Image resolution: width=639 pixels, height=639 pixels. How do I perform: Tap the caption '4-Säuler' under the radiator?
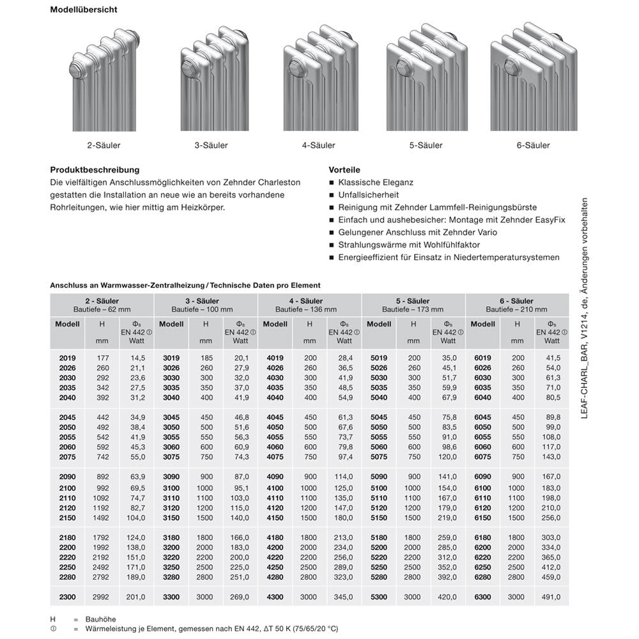point(318,145)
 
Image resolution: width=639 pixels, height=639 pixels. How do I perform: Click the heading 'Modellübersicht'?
point(83,10)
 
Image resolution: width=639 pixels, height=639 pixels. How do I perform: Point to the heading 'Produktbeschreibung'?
point(95,170)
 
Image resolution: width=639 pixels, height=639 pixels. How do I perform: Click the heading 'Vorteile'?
point(344,170)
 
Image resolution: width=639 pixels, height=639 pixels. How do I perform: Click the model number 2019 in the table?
point(67,358)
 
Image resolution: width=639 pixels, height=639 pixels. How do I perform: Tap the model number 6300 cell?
point(482,597)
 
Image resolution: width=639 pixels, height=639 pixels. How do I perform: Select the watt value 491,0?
point(551,597)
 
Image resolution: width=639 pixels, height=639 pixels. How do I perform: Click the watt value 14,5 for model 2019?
point(138,358)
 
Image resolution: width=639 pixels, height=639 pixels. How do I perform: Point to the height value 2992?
point(102,597)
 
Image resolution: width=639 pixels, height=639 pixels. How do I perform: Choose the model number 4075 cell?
point(274,458)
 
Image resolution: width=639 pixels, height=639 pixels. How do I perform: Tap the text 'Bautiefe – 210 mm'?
point(516,309)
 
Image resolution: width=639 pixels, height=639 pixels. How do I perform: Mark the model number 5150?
point(379,518)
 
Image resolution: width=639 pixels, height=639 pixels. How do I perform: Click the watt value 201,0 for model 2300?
point(136,597)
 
